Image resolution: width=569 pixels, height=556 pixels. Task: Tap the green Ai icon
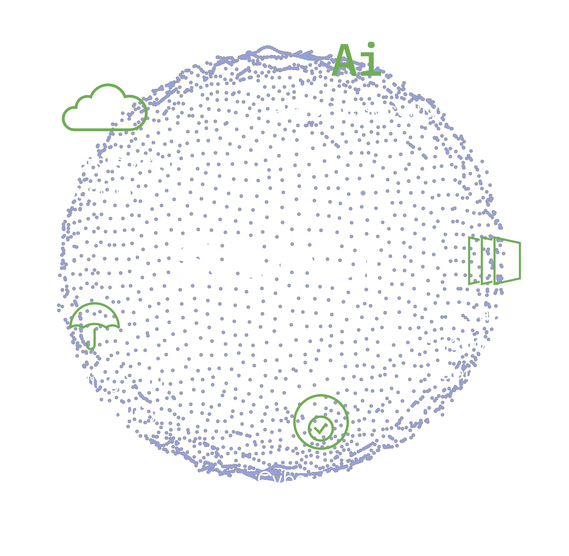[357, 61]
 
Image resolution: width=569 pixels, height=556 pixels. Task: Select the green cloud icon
[105, 108]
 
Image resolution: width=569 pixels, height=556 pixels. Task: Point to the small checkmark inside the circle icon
[321, 428]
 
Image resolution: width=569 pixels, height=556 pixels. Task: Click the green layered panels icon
[494, 260]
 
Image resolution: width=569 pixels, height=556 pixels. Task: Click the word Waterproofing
[104, 162]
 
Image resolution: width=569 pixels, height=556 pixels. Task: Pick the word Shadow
[463, 343]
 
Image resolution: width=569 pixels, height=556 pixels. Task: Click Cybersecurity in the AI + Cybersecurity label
[373, 110]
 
